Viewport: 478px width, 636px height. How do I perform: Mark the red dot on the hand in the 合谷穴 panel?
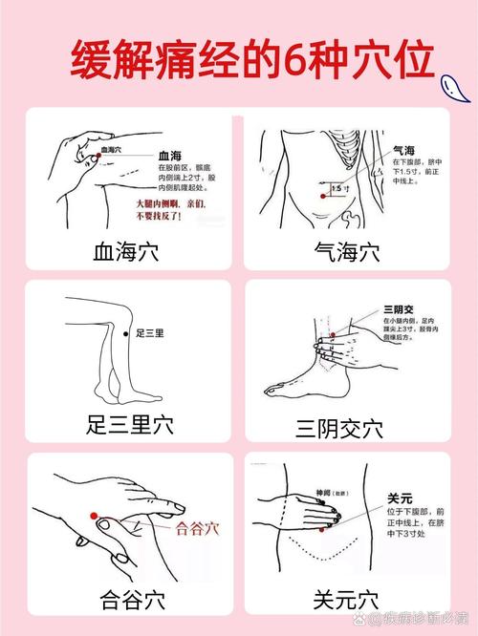94,516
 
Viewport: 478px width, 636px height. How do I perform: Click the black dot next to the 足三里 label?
126,332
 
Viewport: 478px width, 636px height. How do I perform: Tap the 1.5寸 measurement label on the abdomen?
339,189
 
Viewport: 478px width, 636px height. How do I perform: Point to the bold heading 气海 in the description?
404,150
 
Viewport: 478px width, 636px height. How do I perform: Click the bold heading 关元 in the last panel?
401,498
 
